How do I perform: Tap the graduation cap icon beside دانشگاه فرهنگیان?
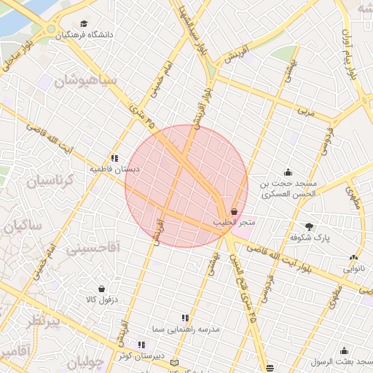point(84,24)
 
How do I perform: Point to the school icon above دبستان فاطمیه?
point(114,157)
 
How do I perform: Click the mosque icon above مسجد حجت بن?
point(288,173)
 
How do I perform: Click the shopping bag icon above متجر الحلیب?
point(234,211)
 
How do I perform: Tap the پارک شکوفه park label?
point(310,237)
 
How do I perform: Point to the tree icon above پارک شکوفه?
point(310,226)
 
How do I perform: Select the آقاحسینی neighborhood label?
point(95,248)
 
